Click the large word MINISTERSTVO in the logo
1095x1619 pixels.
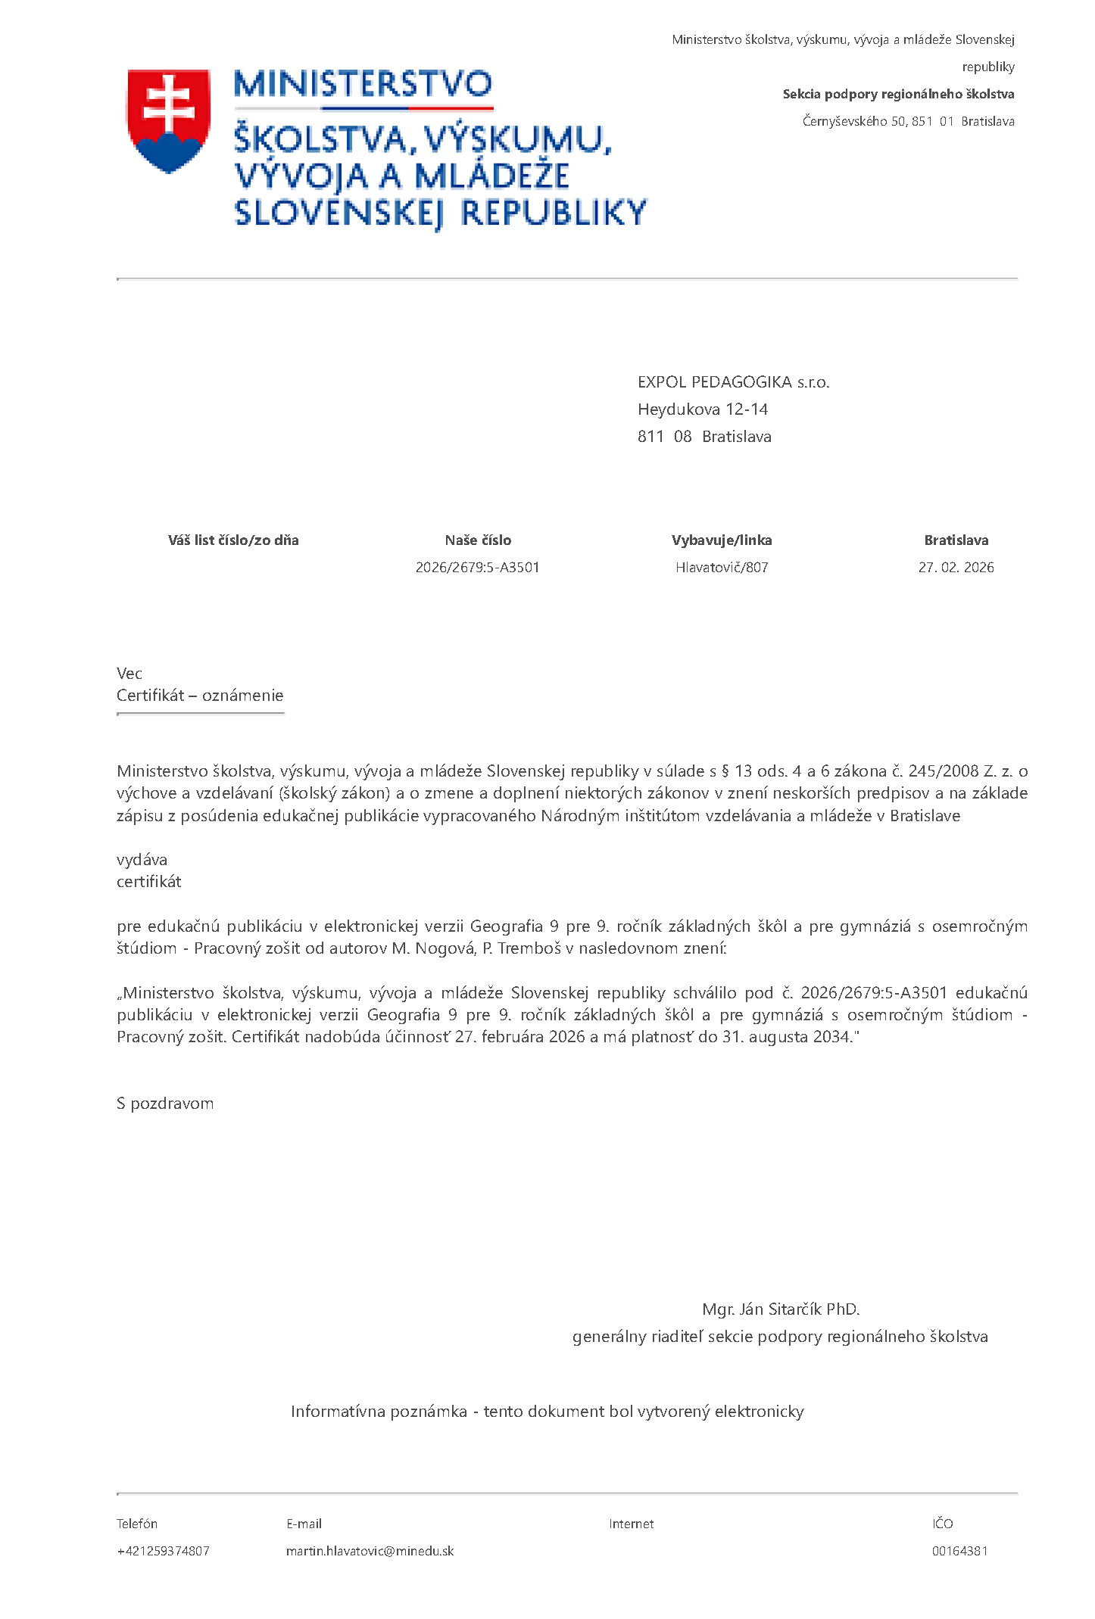click(x=363, y=84)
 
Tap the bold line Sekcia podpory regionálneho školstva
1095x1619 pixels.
click(x=898, y=94)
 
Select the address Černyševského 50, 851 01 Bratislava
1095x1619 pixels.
click(x=908, y=121)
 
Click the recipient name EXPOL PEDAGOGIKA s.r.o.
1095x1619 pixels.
click(x=733, y=382)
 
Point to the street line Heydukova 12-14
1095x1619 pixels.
click(x=702, y=409)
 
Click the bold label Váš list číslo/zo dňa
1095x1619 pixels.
click(x=233, y=540)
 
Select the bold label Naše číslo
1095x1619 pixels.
click(x=478, y=540)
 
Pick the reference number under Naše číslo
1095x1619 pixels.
click(x=477, y=568)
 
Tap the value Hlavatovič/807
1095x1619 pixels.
click(x=722, y=568)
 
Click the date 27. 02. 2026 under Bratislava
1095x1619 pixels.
click(x=956, y=568)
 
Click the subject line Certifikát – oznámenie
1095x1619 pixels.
click(x=200, y=696)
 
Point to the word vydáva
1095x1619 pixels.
click(x=142, y=860)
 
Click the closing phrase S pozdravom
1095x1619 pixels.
click(x=165, y=1104)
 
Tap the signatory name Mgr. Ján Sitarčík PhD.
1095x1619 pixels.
click(x=781, y=1309)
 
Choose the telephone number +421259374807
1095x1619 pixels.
click(x=163, y=1551)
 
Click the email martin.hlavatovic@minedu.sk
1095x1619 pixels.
click(x=370, y=1551)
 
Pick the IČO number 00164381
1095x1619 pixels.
click(x=959, y=1551)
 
